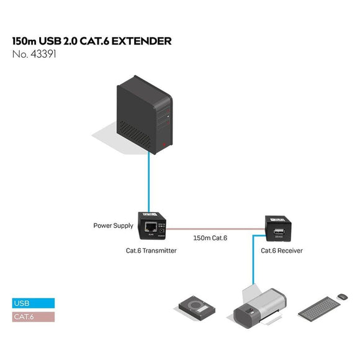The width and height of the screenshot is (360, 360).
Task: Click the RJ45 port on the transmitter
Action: pyautogui.click(x=151, y=227)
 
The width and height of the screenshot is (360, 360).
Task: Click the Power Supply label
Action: pyautogui.click(x=113, y=226)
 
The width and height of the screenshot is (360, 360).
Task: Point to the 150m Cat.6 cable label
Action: pyautogui.click(x=210, y=238)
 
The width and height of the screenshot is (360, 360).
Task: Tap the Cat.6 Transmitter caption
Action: pyautogui.click(x=151, y=251)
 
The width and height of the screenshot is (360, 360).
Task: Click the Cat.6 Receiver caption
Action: pyautogui.click(x=281, y=251)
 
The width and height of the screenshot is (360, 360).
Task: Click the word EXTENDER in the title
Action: pyautogui.click(x=140, y=41)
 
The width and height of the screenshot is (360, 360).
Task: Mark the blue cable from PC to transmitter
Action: pyautogui.click(x=149, y=180)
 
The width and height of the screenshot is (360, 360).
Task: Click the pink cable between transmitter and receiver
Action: pyautogui.click(x=217, y=228)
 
